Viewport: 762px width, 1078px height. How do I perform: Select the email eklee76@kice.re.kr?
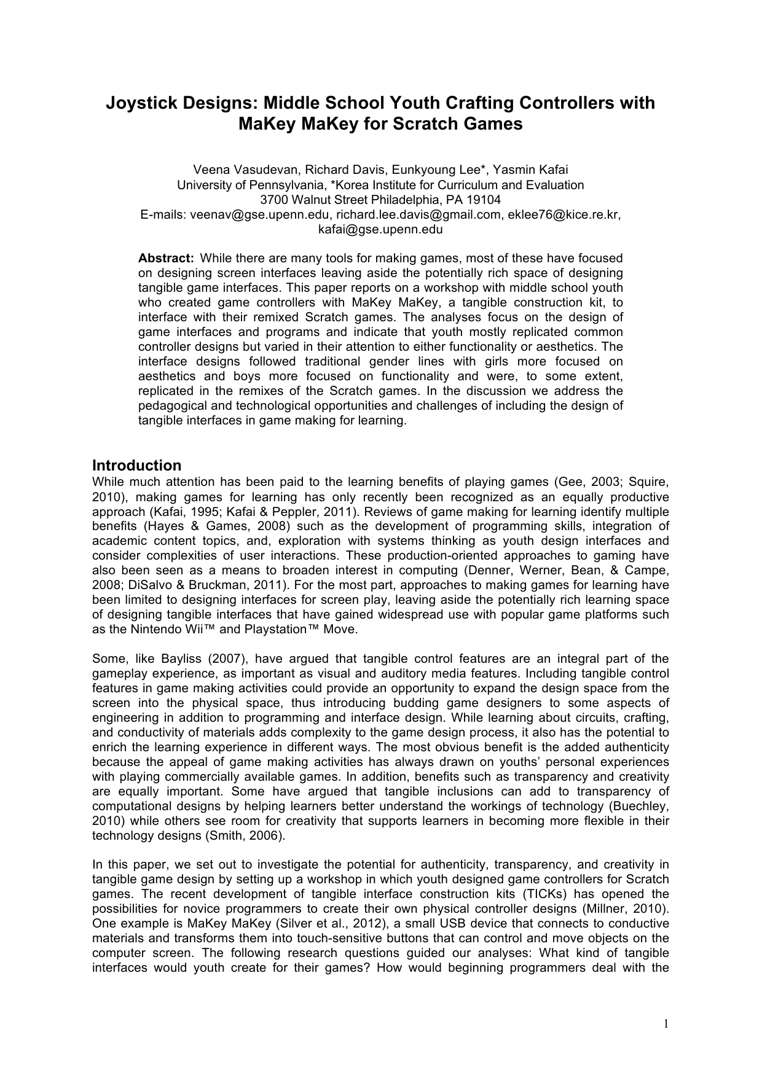564,214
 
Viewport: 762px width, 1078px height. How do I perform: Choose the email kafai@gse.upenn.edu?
380,229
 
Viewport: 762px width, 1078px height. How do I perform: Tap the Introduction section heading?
136,465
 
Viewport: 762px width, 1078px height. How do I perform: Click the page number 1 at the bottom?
666,1023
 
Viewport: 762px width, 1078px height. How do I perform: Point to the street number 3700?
273,200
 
